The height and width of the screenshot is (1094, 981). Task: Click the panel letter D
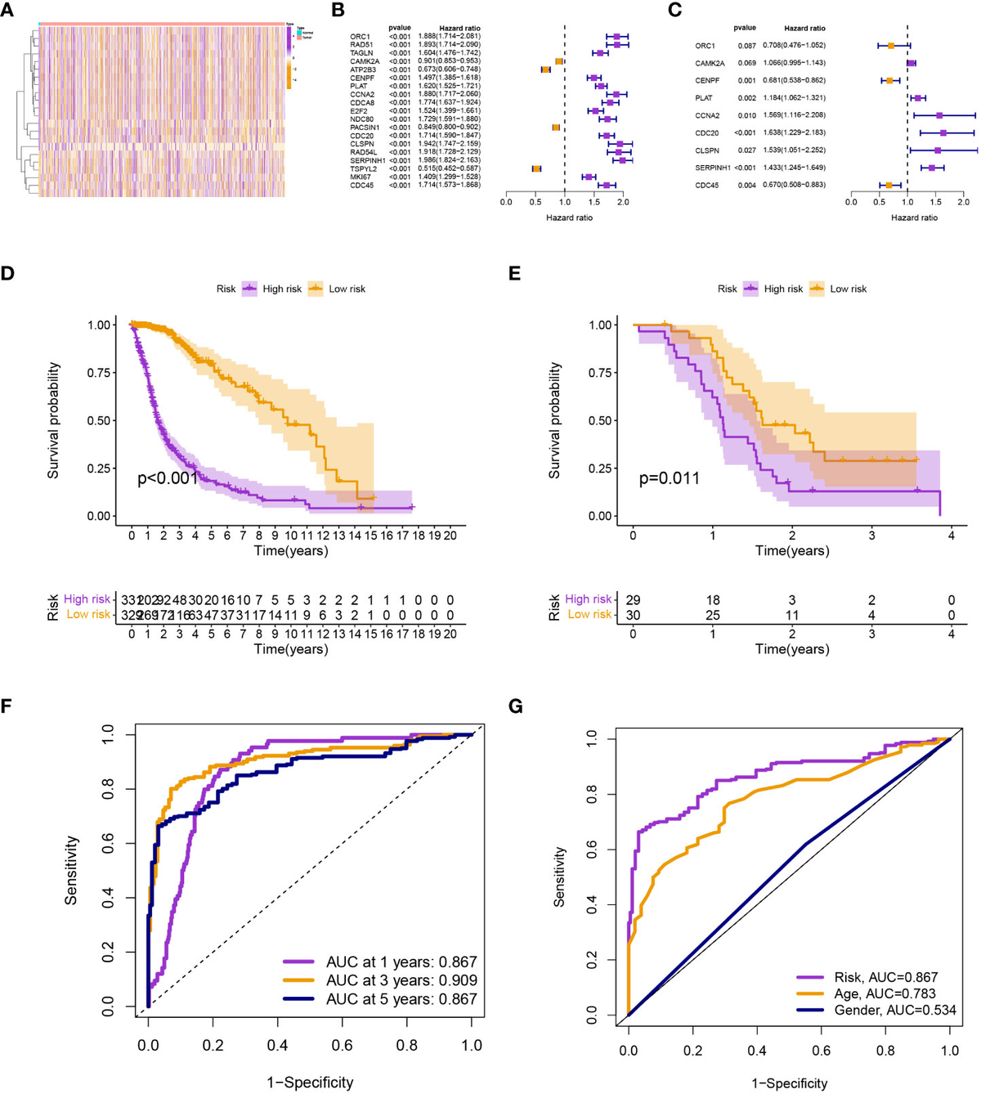(7, 272)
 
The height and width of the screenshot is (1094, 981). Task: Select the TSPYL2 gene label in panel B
(361, 168)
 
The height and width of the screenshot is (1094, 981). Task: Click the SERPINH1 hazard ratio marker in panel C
(932, 168)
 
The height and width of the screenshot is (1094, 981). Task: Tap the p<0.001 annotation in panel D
(168, 478)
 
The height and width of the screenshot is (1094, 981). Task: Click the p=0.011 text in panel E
(669, 478)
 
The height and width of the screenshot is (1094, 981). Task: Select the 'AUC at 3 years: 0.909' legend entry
(401, 980)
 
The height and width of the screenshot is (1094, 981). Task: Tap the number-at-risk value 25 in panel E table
(713, 614)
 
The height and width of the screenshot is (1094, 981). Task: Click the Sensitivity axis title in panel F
(71, 869)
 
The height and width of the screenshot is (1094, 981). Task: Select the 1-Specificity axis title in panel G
(789, 1083)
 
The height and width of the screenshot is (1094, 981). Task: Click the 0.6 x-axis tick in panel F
(342, 1045)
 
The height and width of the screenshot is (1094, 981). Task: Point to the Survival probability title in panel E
(555, 420)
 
